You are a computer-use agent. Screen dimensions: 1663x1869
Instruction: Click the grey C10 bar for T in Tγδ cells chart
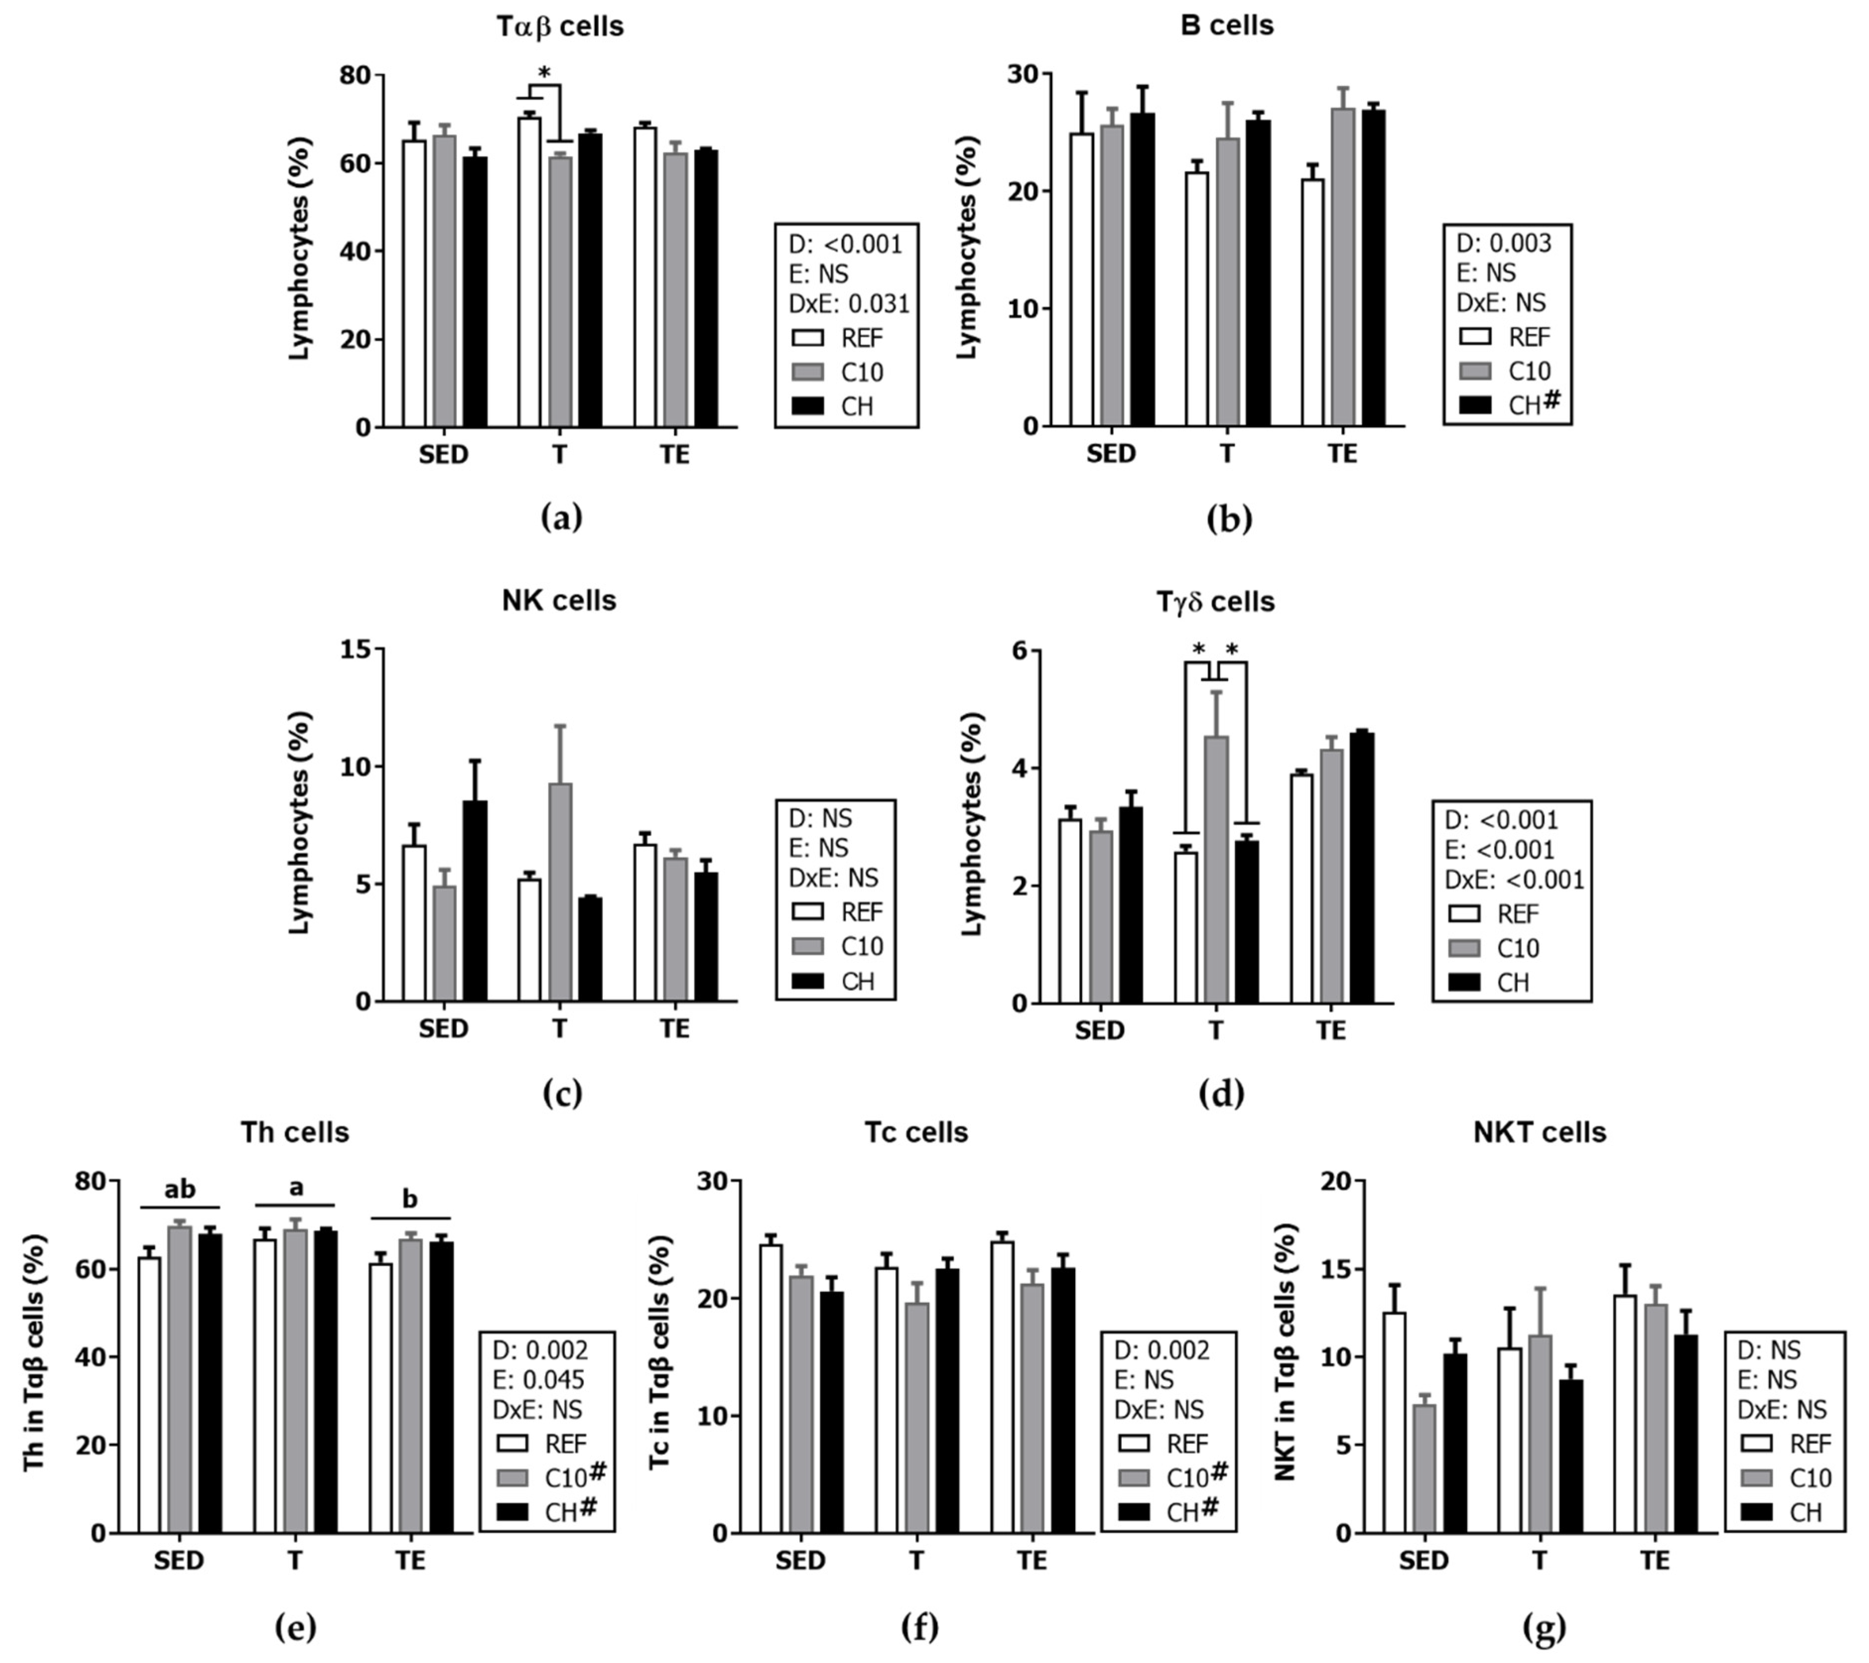coord(1215,868)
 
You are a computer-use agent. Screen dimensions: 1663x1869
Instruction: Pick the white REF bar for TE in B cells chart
coord(1313,302)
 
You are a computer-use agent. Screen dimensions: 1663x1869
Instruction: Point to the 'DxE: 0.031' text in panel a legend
coord(849,304)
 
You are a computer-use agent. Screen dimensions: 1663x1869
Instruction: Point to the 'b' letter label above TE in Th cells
coord(410,1199)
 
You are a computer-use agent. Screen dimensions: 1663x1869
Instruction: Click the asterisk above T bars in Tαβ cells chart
coord(545,73)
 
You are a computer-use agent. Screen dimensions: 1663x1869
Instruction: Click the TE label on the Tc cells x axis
coord(1032,1560)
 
